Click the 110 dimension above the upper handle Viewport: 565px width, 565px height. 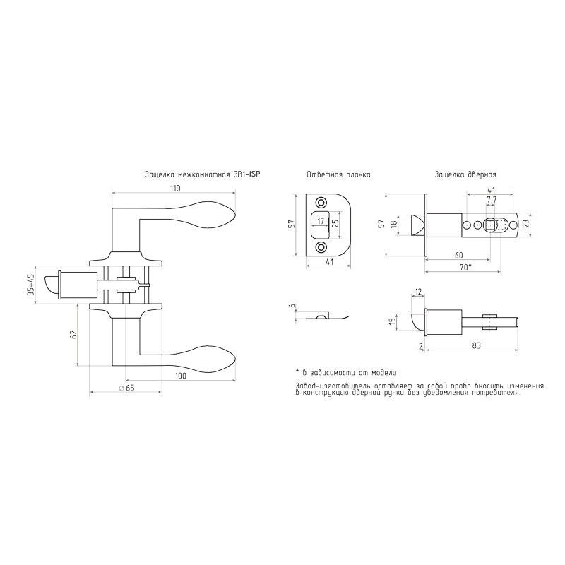[x=174, y=188]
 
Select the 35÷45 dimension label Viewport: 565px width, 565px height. [x=30, y=285]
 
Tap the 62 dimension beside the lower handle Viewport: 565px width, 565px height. [x=73, y=334]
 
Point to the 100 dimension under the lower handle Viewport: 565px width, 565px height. [x=181, y=376]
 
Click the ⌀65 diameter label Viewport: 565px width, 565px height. [x=126, y=388]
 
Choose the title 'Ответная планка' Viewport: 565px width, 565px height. [x=339, y=174]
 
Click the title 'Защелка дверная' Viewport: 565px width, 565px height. [x=465, y=174]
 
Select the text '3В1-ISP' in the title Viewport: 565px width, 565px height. [x=246, y=174]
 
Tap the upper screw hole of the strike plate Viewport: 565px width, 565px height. [x=321, y=202]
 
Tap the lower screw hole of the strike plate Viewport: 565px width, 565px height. [x=321, y=247]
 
